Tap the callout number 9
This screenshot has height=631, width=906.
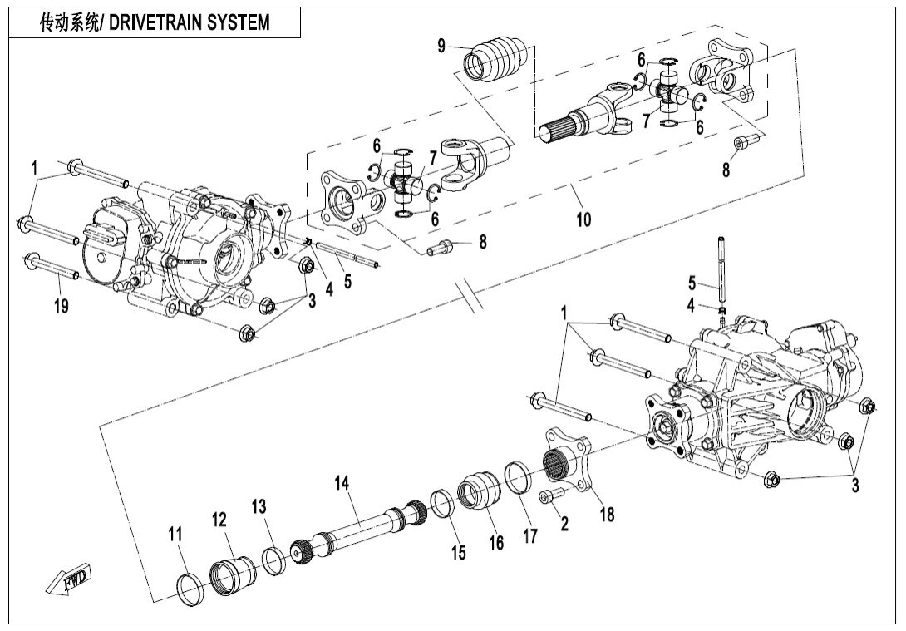click(442, 47)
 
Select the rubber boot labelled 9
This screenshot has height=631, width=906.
click(495, 58)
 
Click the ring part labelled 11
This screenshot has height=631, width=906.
click(191, 587)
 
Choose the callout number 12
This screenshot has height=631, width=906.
click(219, 520)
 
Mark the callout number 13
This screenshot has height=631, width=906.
click(260, 505)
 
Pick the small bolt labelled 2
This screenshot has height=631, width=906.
click(551, 496)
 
